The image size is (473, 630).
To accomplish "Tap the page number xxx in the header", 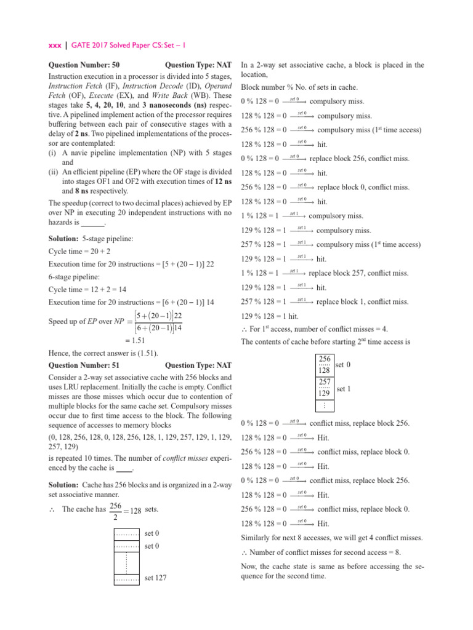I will click(x=55, y=45).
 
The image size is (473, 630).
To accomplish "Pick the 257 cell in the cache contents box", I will click(x=325, y=383).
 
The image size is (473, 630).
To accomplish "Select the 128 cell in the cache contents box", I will click(x=325, y=370).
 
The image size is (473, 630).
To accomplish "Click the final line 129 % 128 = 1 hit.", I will click(x=267, y=316).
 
